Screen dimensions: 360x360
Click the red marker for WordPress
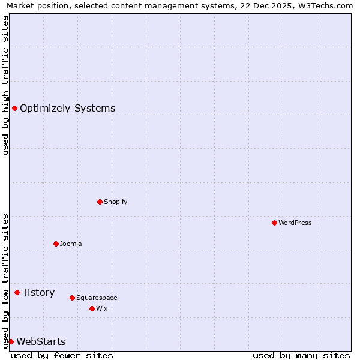pyautogui.click(x=274, y=223)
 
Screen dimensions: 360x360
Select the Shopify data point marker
pyautogui.click(x=100, y=202)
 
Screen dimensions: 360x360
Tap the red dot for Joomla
pyautogui.click(x=56, y=244)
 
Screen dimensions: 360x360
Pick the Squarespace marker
pyautogui.click(x=72, y=298)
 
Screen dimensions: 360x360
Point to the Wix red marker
pyautogui.click(x=92, y=308)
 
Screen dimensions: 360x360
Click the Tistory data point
pyautogui.click(x=17, y=292)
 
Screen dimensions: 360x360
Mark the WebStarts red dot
pyautogui.click(x=11, y=341)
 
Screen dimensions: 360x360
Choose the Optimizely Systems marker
pyautogui.click(x=14, y=108)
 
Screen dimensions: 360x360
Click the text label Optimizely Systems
pyautogui.click(x=67, y=109)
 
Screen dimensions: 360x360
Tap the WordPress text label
pyautogui.click(x=295, y=223)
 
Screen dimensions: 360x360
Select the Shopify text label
pyautogui.click(x=115, y=202)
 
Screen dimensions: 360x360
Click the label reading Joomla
pyautogui.click(x=71, y=244)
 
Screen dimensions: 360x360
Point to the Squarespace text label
pyautogui.click(x=97, y=298)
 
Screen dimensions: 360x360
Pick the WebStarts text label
pyautogui.click(x=41, y=342)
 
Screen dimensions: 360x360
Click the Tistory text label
pyautogui.click(x=38, y=293)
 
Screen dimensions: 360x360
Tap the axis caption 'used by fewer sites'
pyautogui.click(x=62, y=356)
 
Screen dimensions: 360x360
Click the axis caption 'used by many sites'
pyautogui.click(x=301, y=356)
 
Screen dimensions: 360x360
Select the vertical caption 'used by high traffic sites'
pyautogui.click(x=5, y=85)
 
